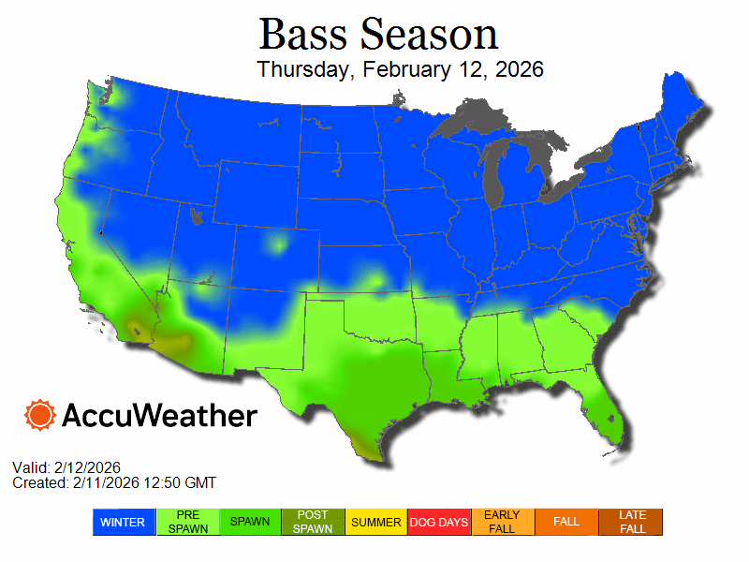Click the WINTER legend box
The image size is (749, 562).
click(x=124, y=522)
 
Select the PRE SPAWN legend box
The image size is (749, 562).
click(x=187, y=522)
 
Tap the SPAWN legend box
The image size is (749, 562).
click(x=251, y=522)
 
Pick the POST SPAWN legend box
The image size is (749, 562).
click(x=314, y=522)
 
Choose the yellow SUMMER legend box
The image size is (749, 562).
click(x=376, y=522)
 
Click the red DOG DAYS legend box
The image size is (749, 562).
click(x=440, y=522)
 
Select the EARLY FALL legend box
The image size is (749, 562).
click(x=503, y=522)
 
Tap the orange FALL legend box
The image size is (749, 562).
click(x=566, y=522)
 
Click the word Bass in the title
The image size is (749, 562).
click(x=297, y=35)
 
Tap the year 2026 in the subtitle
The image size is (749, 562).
click(x=521, y=70)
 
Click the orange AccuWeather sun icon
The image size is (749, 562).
click(x=40, y=415)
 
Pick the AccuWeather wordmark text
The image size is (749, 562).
click(x=159, y=415)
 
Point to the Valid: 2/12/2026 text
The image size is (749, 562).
click(x=66, y=467)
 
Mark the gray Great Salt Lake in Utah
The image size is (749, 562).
click(x=196, y=216)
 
